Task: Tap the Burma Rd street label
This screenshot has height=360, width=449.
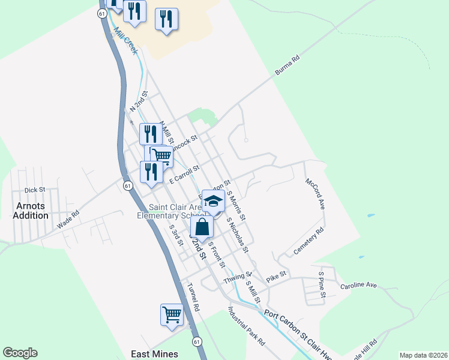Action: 287,66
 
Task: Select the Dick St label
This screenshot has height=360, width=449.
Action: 35,190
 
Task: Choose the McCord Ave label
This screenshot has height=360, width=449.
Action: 315,193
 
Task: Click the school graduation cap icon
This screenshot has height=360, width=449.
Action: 213,202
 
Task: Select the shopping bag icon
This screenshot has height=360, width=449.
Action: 202,227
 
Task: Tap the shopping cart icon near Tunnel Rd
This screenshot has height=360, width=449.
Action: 172,314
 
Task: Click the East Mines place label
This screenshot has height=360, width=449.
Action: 158,354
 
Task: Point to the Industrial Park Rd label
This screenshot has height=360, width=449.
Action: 246,327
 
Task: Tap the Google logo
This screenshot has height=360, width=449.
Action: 20,353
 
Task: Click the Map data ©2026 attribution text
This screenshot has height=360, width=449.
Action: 422,355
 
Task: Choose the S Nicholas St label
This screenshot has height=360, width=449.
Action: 237,235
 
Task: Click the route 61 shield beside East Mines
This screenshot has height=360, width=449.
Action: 197,341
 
